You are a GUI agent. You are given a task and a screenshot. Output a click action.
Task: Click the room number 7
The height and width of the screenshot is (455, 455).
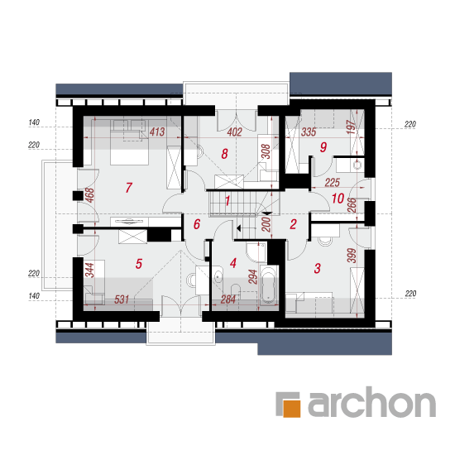click(129, 188)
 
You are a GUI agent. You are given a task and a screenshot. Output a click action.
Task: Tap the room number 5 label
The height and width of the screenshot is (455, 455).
click(139, 263)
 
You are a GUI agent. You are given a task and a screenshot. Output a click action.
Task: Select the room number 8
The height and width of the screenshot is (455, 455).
click(224, 154)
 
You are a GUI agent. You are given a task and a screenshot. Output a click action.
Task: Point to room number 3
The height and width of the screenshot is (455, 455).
click(317, 268)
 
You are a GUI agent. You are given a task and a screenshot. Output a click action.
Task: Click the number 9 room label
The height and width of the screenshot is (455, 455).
click(323, 147)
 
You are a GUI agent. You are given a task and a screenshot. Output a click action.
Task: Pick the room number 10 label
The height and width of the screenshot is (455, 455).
click(338, 199)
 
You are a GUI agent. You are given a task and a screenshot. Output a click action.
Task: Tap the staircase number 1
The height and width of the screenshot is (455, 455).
click(227, 200)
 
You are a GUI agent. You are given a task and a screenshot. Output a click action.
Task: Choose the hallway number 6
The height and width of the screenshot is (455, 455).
click(197, 224)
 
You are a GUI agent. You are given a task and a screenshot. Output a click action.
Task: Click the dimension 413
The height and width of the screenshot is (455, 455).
click(157, 132)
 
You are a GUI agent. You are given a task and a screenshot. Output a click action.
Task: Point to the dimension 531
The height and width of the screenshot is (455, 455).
click(122, 299)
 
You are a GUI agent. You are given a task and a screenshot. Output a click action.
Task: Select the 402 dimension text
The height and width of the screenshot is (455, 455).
click(234, 132)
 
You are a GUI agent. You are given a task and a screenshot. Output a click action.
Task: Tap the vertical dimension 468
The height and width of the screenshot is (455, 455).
click(90, 195)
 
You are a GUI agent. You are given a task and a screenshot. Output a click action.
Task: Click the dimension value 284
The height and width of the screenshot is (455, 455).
click(227, 299)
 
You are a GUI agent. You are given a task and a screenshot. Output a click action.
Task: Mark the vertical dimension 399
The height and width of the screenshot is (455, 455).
click(352, 256)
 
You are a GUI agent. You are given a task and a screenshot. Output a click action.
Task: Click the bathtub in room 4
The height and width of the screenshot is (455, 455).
click(268, 285)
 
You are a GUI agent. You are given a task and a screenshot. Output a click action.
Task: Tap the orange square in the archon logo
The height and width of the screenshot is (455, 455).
click(292, 409)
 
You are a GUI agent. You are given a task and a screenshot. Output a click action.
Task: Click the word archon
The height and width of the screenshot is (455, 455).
click(371, 402)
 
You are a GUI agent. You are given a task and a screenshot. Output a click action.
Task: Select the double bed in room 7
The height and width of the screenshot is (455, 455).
click(129, 142)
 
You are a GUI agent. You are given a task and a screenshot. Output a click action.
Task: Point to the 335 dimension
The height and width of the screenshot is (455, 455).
click(309, 132)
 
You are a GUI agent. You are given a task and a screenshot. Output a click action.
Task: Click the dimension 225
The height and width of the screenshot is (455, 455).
click(332, 183)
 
